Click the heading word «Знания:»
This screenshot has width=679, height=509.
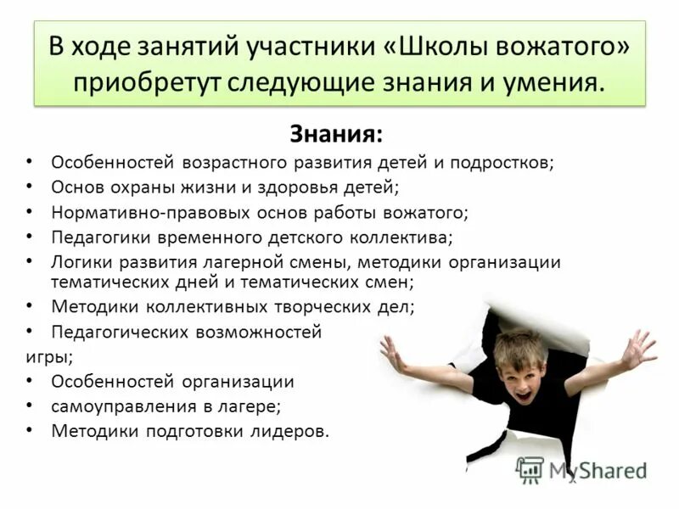pyautogui.click(x=336, y=135)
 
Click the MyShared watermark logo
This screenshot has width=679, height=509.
pyautogui.click(x=530, y=469)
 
